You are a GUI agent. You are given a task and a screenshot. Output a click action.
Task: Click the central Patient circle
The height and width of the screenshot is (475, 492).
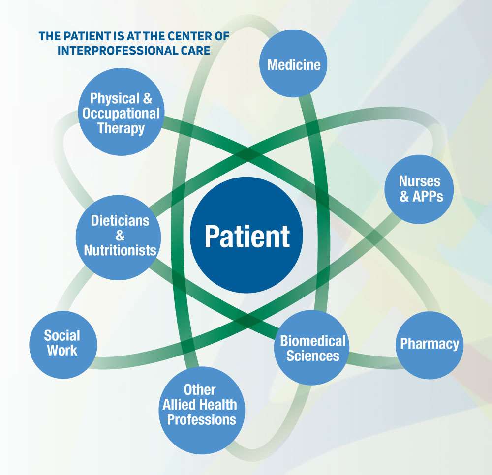point(246,236)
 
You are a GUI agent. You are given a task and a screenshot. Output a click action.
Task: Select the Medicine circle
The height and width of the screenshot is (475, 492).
point(293,64)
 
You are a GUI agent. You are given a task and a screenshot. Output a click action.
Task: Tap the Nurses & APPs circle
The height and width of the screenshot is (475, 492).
point(420,189)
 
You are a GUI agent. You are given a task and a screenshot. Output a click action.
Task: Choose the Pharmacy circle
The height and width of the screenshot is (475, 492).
point(429,344)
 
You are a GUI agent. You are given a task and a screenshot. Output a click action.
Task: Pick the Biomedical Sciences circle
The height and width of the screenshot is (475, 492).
point(313,348)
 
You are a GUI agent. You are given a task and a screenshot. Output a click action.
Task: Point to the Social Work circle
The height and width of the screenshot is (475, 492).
point(62,343)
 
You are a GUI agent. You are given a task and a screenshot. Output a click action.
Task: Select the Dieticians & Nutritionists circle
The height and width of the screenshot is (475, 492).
point(120,235)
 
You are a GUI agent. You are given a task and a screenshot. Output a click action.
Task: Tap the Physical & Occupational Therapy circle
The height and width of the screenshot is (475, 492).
point(121,113)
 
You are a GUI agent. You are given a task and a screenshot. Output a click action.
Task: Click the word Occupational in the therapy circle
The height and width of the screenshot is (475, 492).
point(121,113)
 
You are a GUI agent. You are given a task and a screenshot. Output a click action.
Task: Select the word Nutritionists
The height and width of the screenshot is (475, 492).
point(120,250)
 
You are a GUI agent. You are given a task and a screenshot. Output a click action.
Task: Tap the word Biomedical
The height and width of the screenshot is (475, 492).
point(313,340)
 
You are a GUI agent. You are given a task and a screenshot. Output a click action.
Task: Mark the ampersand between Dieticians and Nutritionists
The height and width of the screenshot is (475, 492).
point(120,236)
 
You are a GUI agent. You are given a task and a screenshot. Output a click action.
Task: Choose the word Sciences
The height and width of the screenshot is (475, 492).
point(313,356)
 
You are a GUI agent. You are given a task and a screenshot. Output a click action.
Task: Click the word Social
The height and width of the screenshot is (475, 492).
point(62,336)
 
